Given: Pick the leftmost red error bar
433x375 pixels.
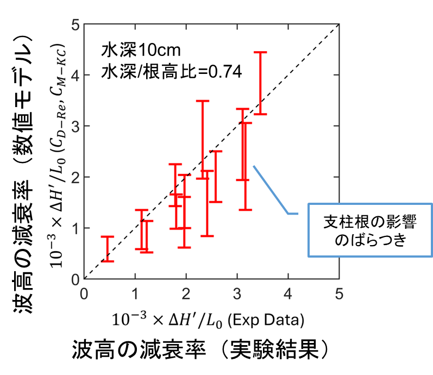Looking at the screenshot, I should click(108, 249).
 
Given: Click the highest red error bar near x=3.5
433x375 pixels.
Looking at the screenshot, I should click(260, 83).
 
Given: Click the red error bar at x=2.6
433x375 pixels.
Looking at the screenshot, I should click(216, 177).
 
